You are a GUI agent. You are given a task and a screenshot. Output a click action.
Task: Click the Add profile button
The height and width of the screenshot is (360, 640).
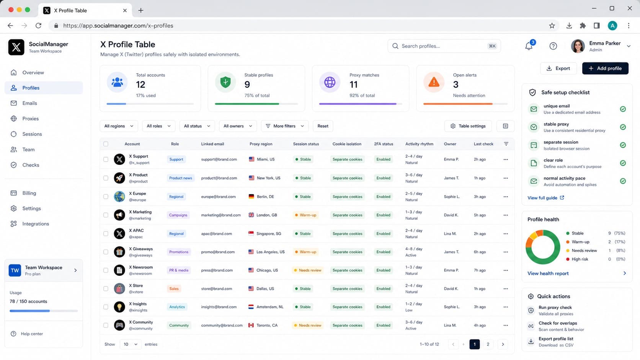(605, 68)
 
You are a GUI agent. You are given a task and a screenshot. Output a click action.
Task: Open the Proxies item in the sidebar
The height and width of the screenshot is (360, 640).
(30, 119)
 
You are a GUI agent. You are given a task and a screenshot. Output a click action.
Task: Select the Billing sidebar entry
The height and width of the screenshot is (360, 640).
(29, 193)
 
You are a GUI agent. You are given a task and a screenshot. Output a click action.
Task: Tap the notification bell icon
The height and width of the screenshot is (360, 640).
(529, 46)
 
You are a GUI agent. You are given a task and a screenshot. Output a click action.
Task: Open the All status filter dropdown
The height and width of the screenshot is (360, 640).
(197, 126)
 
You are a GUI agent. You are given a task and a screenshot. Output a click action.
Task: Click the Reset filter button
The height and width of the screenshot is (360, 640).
(323, 126)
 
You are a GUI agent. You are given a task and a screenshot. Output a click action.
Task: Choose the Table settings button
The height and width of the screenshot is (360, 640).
(468, 126)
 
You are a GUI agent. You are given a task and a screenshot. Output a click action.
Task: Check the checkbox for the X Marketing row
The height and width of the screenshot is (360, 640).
(106, 215)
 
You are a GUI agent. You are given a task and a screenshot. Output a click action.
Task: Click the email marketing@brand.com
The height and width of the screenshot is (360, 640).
(221, 215)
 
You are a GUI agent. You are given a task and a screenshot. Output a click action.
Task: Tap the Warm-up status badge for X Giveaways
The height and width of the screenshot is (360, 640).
(305, 252)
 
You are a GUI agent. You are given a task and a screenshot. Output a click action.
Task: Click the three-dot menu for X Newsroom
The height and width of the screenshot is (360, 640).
(506, 270)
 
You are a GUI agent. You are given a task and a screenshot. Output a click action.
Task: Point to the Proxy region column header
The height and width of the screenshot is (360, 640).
(261, 144)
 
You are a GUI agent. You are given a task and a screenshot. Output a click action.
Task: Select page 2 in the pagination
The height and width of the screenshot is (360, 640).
(488, 344)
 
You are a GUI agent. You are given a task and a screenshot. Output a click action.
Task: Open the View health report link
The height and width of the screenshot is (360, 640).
(548, 274)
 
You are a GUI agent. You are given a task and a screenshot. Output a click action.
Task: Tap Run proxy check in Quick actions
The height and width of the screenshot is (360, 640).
(555, 308)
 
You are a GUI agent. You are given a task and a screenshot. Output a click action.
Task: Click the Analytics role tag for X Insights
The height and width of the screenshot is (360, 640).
(177, 307)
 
